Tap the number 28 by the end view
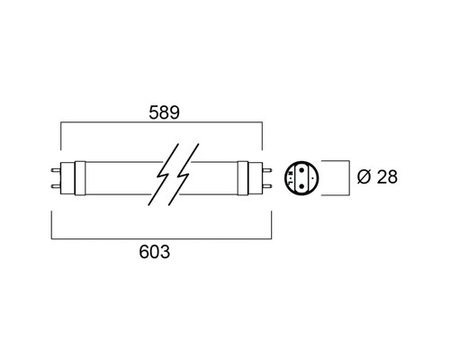click(x=387, y=177)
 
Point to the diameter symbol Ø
click(x=363, y=177)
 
